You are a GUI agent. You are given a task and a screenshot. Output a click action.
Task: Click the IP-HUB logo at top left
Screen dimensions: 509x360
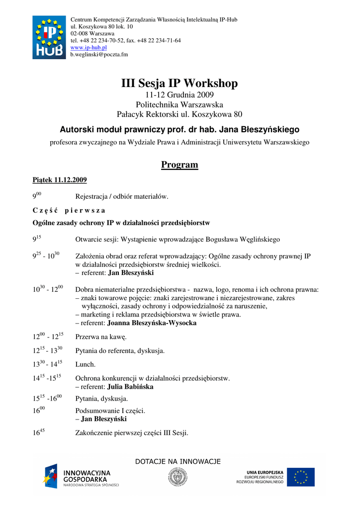49,37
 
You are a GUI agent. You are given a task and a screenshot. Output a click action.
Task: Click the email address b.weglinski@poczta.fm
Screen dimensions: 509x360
99,54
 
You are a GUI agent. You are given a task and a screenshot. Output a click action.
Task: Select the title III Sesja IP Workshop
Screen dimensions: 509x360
180,83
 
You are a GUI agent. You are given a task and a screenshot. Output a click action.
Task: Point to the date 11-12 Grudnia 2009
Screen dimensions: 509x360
180,94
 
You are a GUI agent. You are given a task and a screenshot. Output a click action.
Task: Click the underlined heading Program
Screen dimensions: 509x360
180,165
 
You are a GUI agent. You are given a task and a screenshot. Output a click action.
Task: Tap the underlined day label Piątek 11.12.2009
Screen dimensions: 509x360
60,180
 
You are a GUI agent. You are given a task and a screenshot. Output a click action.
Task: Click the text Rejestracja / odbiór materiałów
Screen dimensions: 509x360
122,196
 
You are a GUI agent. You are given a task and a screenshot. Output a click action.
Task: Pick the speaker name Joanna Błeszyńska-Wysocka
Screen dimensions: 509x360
152,323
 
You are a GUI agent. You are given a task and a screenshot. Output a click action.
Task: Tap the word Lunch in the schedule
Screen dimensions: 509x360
85,364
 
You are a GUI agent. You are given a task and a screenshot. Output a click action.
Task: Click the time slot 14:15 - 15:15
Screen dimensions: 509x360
47,378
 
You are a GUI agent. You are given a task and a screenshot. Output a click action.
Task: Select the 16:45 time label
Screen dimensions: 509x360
39,432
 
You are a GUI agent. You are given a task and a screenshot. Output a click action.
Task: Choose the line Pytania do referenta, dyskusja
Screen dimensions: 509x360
120,350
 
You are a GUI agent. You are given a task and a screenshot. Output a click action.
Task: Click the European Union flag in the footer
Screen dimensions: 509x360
300,477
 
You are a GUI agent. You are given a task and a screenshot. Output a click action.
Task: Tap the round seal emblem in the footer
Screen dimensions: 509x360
178,477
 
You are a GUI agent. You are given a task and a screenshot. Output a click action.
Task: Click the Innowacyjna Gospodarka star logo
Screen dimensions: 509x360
51,476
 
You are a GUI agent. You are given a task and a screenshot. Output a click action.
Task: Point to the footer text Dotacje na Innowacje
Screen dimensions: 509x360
178,461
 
